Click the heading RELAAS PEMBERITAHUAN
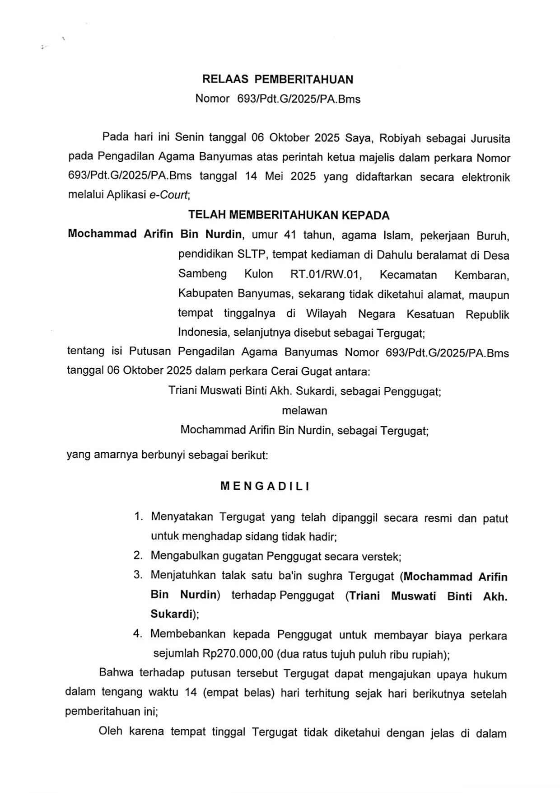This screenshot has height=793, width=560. coord(278,80)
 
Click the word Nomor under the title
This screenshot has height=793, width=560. coord(212,99)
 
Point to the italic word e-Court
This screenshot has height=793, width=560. coord(169,195)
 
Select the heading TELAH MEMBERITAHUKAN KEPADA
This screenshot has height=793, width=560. coord(289,215)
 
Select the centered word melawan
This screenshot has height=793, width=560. coord(304,411)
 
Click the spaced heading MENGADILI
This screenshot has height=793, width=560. coord(265,486)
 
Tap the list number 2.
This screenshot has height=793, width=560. coord(138,555)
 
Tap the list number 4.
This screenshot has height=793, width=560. coord(138,634)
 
